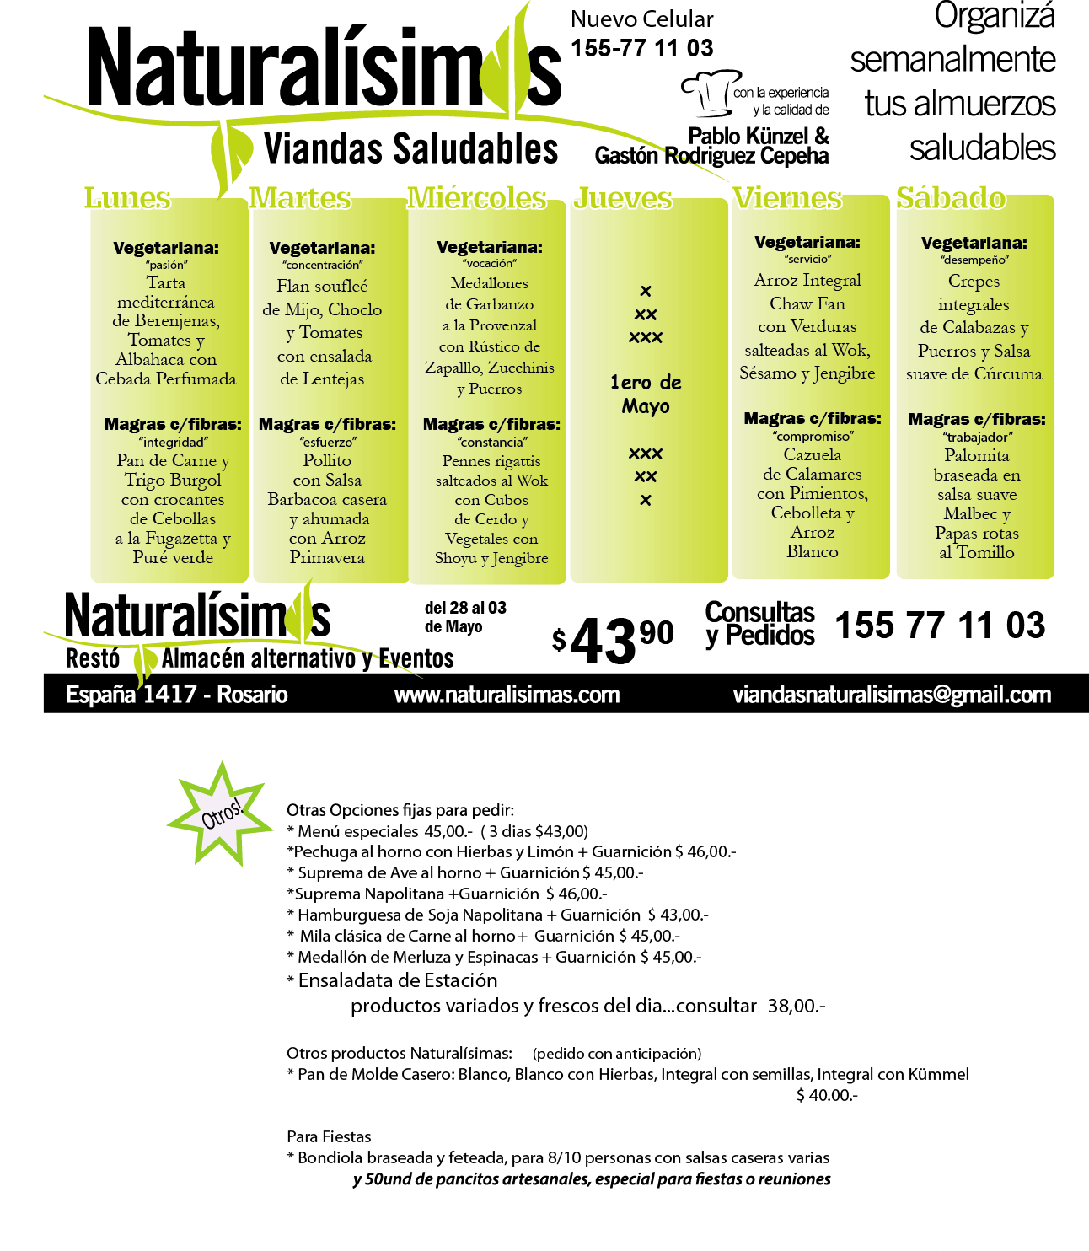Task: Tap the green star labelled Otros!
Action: coord(221,813)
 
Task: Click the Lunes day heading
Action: coord(127,197)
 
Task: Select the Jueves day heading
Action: coord(623,197)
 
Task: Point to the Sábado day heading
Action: coord(951,197)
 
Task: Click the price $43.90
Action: coord(612,638)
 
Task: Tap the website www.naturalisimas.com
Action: coord(507,695)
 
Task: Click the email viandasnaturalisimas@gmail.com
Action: coord(892,695)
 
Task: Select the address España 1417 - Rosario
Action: coord(177,695)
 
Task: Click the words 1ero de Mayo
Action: coord(646,394)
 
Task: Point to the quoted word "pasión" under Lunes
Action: coord(166,265)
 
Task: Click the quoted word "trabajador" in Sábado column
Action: coord(977,437)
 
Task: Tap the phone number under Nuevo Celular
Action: coord(641,48)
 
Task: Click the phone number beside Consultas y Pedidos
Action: coord(940,625)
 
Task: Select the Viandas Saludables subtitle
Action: coord(410,148)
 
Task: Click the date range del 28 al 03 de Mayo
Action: coord(465,617)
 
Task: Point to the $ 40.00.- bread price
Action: coord(827,1094)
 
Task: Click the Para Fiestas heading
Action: coord(329,1136)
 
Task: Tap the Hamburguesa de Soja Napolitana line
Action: coord(497,915)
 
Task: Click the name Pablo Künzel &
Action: coord(759,135)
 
